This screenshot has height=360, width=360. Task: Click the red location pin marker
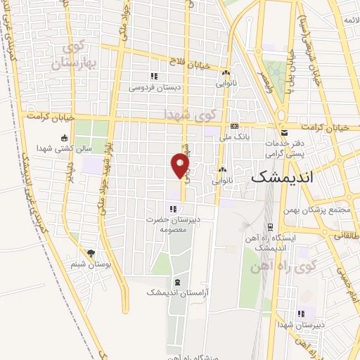pyautogui.click(x=180, y=166)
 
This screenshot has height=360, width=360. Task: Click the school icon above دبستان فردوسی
pyautogui.click(x=153, y=77)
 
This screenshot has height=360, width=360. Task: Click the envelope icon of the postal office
pyautogui.click(x=284, y=132)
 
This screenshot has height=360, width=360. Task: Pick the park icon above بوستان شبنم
pyautogui.click(x=90, y=252)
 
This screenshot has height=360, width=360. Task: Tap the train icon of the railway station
pyautogui.click(x=270, y=227)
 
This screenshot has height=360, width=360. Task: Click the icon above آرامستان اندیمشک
pyautogui.click(x=176, y=281)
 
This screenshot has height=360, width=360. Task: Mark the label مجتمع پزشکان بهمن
pyautogui.click(x=315, y=210)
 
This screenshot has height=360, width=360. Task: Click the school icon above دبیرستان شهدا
pyautogui.click(x=302, y=314)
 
